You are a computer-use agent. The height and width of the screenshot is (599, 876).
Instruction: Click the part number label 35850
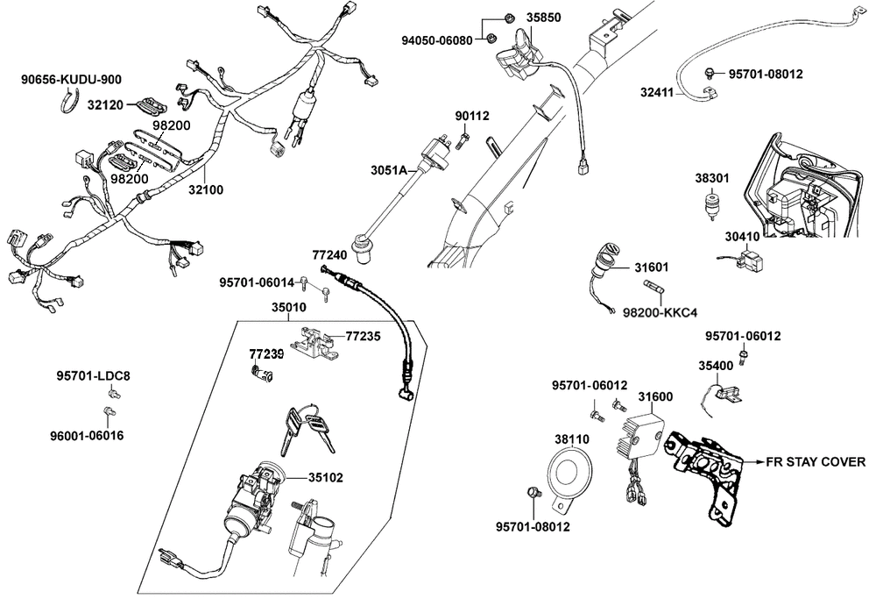tap(544, 17)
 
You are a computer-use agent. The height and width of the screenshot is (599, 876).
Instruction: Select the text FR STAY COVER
tap(816, 461)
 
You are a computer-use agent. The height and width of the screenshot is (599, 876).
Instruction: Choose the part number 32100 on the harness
tap(208, 189)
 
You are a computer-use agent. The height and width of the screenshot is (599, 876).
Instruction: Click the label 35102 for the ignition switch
tap(325, 479)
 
